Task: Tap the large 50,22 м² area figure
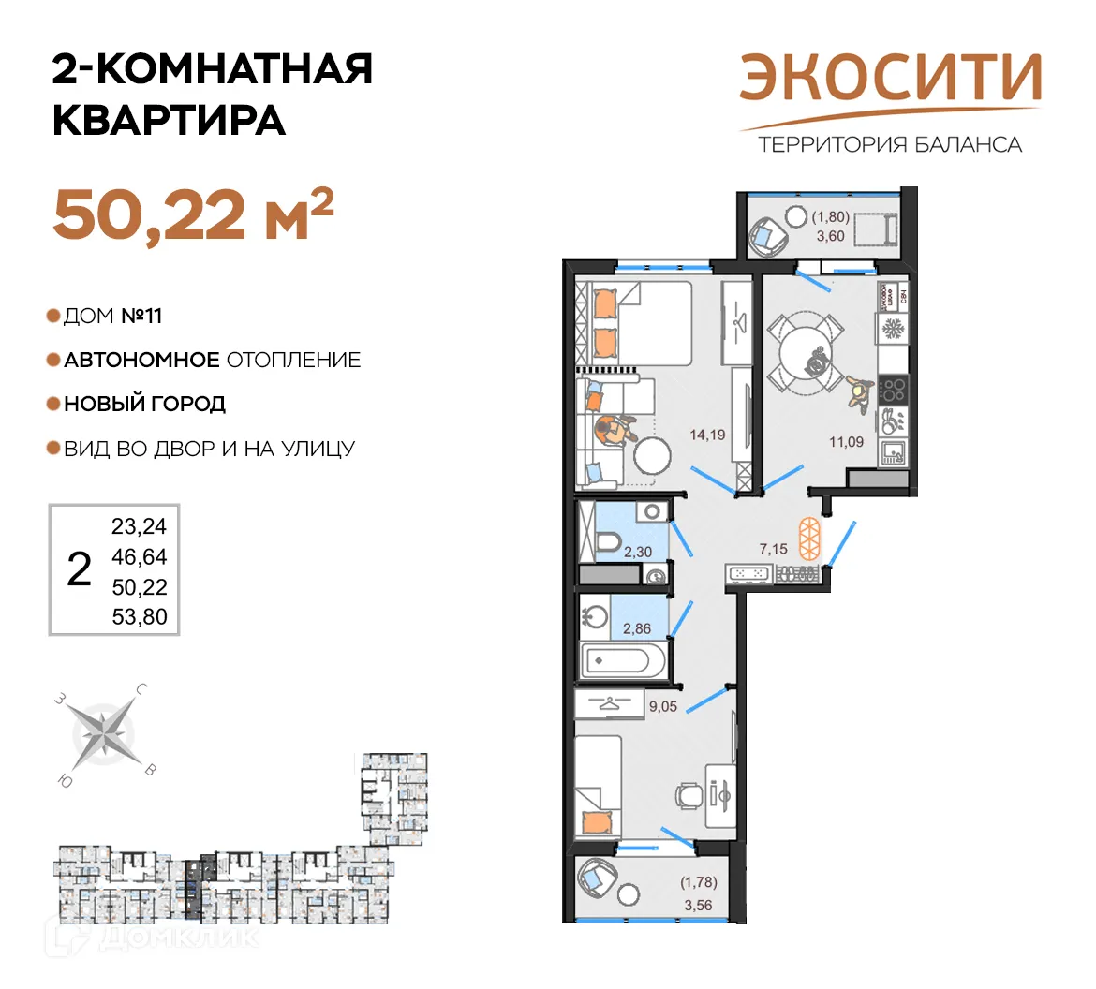193,214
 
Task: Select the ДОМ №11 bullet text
112,317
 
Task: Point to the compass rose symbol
103,731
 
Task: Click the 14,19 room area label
707,435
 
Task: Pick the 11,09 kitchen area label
846,442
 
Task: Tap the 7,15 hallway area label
774,549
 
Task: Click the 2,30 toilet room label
638,552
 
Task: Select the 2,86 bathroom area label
637,628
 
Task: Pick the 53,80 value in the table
139,616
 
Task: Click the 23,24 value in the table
139,526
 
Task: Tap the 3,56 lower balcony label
698,905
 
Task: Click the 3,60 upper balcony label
830,235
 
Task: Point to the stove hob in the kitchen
894,390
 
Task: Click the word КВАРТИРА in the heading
169,120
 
